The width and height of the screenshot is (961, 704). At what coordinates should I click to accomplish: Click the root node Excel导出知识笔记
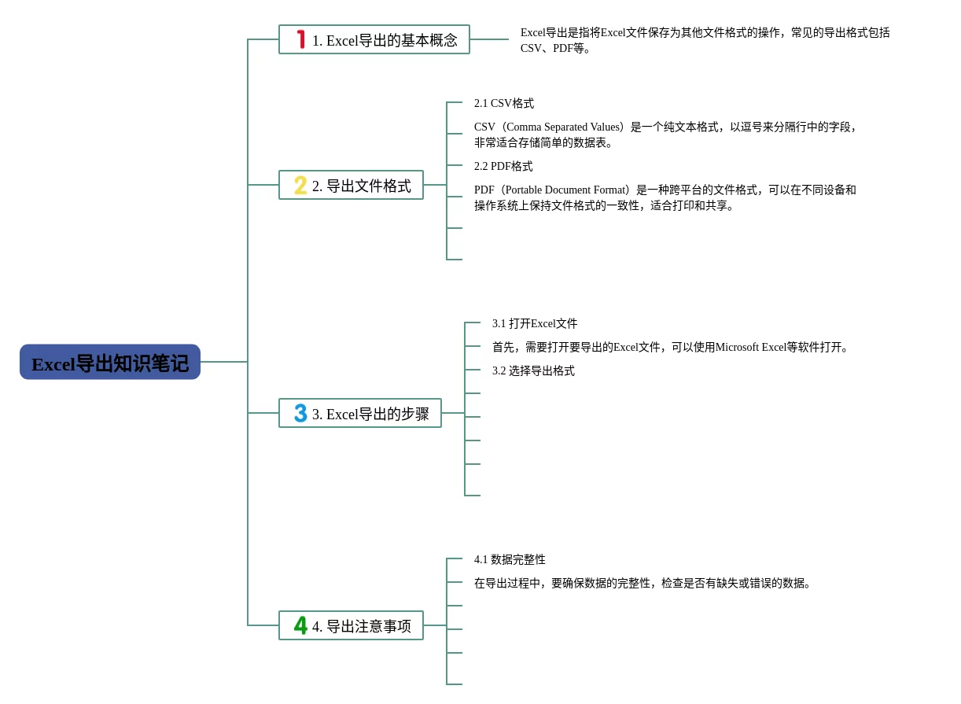coord(110,362)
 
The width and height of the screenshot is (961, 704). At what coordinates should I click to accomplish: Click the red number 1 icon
coord(300,39)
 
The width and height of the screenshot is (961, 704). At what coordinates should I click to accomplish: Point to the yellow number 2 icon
coord(300,185)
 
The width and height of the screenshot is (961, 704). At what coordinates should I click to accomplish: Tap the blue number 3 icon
coord(300,413)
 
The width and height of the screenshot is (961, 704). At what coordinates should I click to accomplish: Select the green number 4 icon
coord(300,625)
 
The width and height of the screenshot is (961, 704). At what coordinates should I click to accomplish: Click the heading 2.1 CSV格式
coord(504,104)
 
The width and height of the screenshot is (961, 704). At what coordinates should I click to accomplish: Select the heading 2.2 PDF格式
coord(503,167)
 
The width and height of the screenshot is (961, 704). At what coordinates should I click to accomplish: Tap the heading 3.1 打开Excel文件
coord(535,324)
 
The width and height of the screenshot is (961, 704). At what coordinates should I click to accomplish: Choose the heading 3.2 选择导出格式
coord(533,371)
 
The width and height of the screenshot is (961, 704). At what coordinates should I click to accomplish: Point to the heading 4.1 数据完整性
coord(510,560)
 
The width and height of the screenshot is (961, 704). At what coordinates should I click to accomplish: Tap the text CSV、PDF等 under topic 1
coord(555,49)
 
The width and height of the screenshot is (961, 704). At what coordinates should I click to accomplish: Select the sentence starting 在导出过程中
coord(643,584)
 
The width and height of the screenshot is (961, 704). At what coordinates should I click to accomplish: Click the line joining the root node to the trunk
coord(224,362)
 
